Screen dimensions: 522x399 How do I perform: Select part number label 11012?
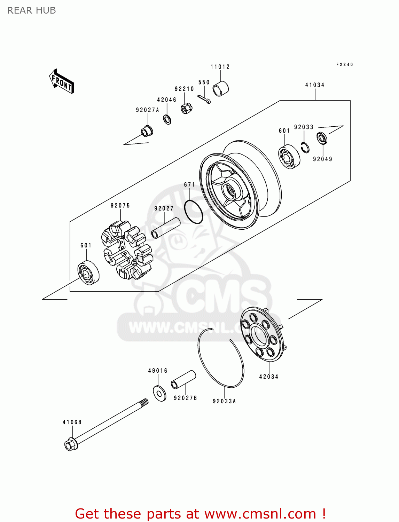[220, 67]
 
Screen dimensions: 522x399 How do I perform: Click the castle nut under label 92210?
[186, 108]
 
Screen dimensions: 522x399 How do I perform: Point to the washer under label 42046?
[167, 119]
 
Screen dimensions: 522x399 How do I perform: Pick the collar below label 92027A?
[147, 131]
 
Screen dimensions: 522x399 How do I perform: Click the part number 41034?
[315, 85]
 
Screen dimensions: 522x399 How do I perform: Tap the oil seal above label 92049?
[322, 139]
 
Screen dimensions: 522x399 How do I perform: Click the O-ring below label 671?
[193, 212]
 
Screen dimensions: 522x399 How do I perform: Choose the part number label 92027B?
[185, 398]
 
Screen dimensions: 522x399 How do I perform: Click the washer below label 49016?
[159, 393]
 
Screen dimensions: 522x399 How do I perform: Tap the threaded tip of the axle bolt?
[144, 403]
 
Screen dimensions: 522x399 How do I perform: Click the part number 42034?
[269, 377]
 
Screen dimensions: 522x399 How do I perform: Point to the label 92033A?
[224, 401]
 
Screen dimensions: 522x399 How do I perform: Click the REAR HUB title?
[32, 10]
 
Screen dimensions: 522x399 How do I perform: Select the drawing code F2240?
[344, 64]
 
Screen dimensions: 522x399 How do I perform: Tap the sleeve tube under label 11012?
[220, 88]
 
